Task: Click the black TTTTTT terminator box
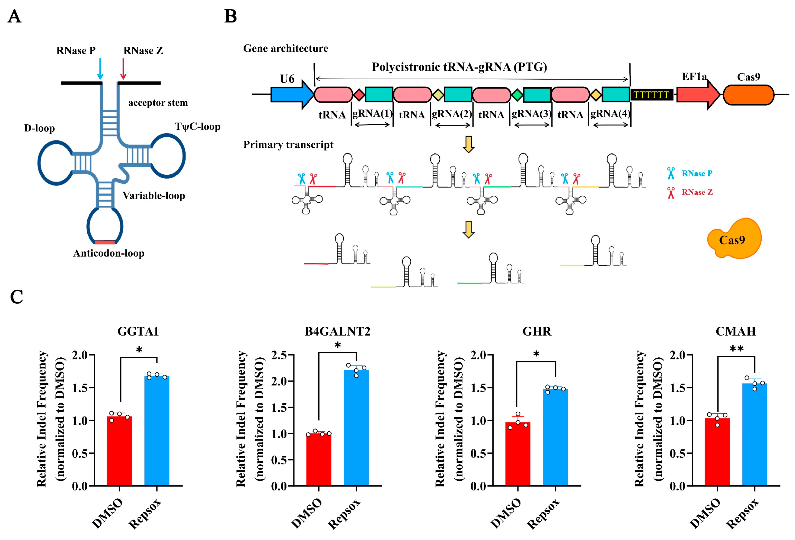coord(651,95)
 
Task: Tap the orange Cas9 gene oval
coord(748,95)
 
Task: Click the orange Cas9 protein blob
coord(733,239)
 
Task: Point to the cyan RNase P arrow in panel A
coord(100,68)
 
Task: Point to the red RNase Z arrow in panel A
coord(123,68)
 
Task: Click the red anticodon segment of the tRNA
coord(105,242)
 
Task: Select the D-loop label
coord(39,128)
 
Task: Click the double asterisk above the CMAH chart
coord(736,349)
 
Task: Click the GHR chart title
coord(537,331)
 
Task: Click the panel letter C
coord(16,297)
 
